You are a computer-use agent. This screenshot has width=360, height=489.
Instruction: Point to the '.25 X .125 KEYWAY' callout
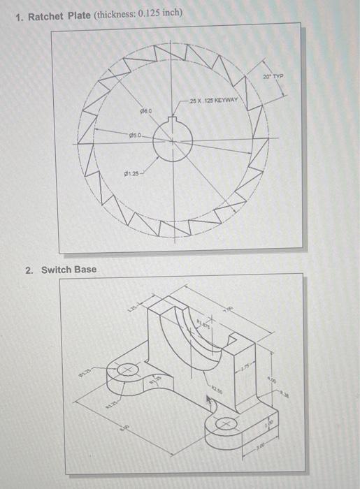click(x=214, y=101)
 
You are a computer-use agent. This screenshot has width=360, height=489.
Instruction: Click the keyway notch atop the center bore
click(x=169, y=122)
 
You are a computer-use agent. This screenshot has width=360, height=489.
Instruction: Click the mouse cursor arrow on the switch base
click(x=208, y=400)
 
